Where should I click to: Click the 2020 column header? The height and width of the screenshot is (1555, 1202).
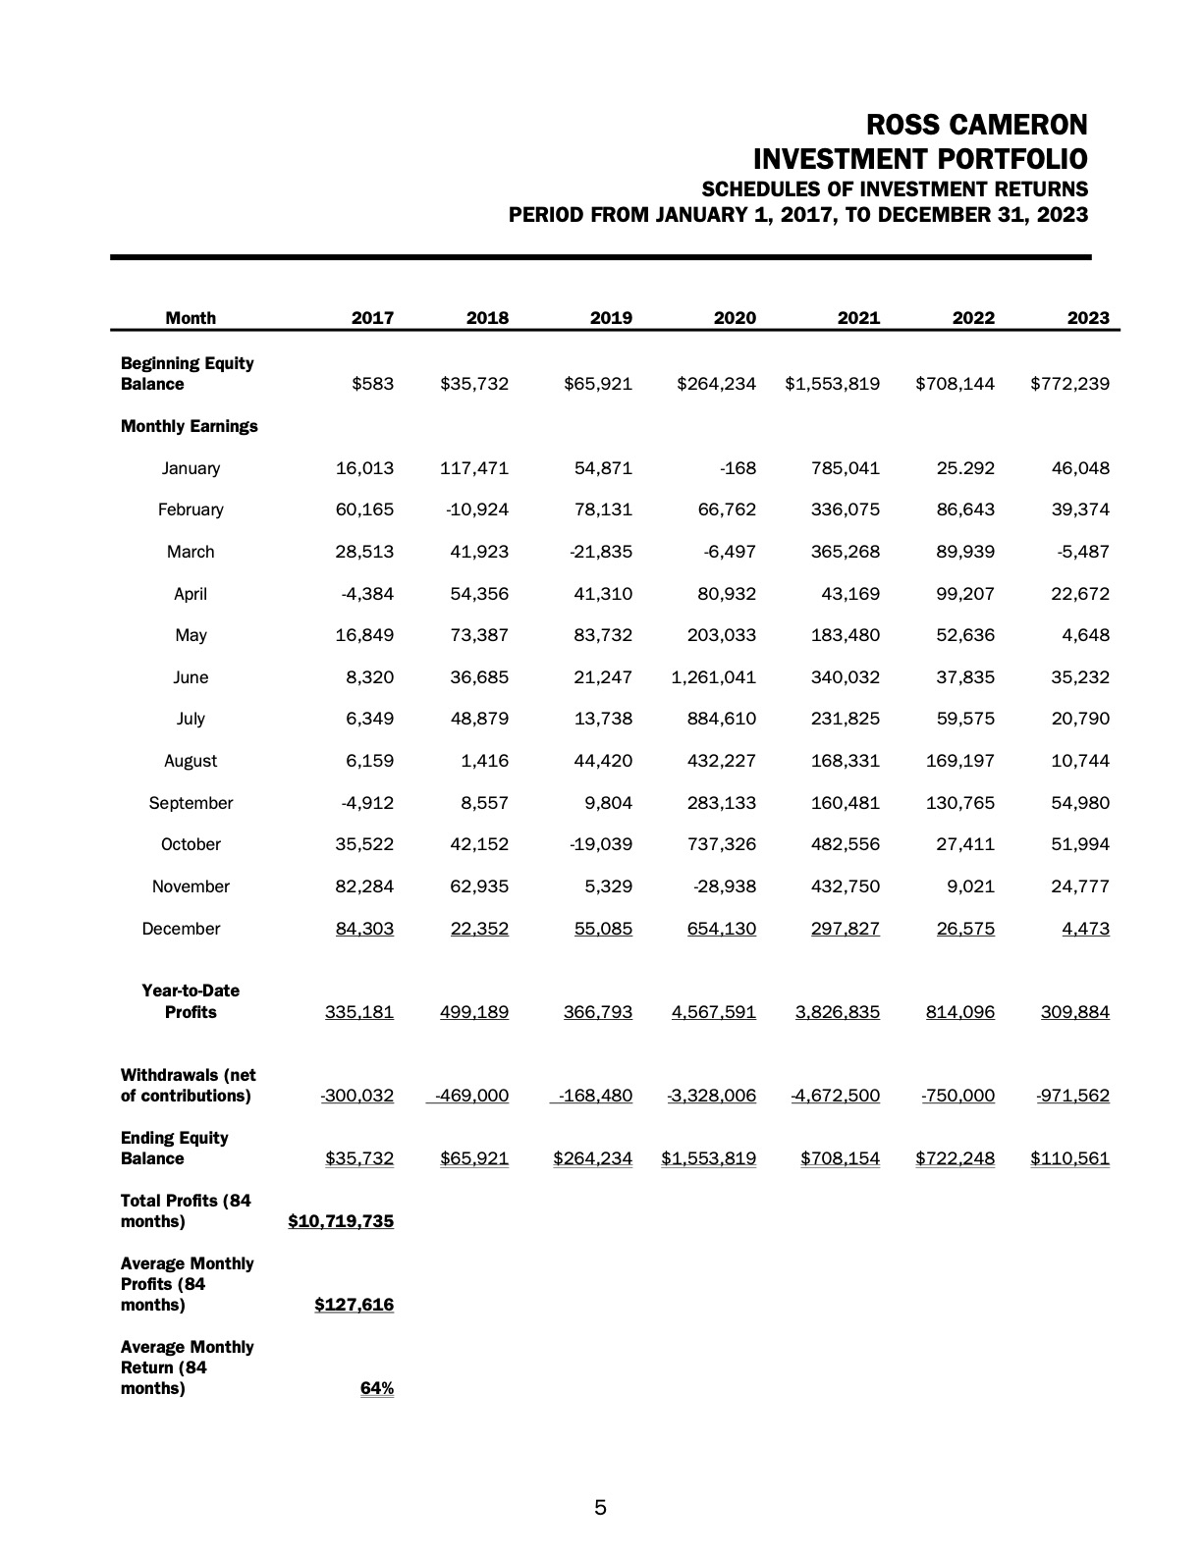pos(735,318)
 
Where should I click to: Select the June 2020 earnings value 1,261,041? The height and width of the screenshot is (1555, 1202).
pos(714,677)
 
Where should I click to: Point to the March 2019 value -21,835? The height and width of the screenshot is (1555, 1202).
pos(601,552)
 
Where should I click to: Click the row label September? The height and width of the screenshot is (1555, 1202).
pos(191,803)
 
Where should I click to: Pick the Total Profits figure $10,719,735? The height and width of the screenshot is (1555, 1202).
pos(341,1221)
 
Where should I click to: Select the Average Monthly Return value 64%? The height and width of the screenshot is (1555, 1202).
pos(377,1388)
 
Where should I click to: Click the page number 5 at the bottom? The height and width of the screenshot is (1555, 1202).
pos(600,1508)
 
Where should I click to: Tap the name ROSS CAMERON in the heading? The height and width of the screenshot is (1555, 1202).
pos(977,126)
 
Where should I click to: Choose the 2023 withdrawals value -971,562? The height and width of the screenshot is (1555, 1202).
pos(1072,1096)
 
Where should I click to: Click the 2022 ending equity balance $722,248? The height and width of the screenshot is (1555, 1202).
pos(955,1158)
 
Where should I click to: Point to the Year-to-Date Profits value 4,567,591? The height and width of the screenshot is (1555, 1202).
pos(714,1012)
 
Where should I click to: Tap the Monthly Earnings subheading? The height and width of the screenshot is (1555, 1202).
pos(189,426)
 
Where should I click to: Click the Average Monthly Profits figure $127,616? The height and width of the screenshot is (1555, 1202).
pos(354,1305)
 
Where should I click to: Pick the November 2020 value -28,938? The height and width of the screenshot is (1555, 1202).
pos(725,886)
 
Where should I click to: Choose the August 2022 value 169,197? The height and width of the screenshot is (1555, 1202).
pos(960,761)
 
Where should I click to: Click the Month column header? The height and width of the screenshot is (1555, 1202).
pos(191,318)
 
